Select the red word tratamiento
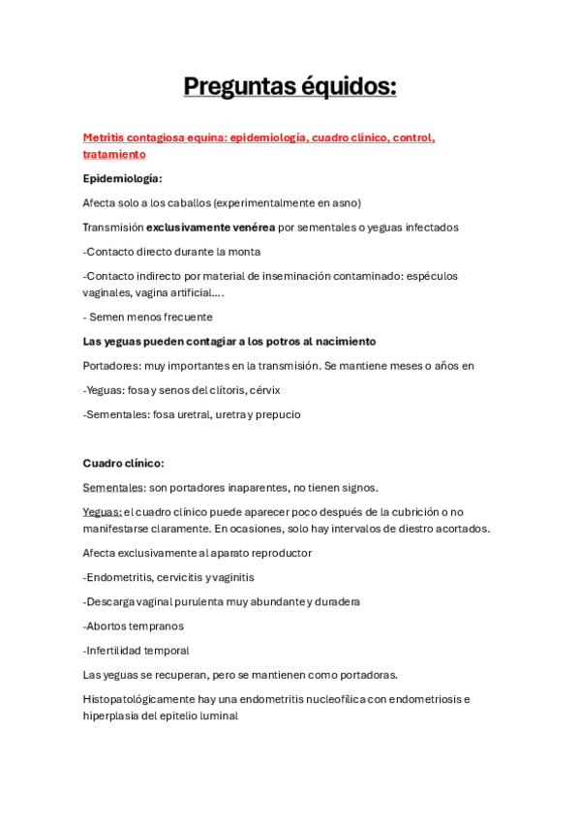point(114,154)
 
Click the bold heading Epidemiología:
point(123,178)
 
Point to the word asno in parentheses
point(346,202)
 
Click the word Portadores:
point(115,366)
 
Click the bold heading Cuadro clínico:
point(123,463)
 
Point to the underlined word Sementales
point(114,488)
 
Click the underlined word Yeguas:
point(103,512)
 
